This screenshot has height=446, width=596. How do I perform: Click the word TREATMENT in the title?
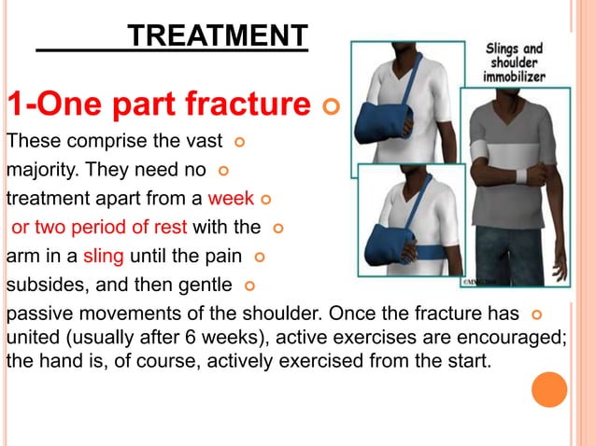[217, 36]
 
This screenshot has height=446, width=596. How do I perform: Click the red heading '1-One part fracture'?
[159, 105]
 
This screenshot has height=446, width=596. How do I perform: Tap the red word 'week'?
[231, 199]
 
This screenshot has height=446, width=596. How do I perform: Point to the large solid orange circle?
[549, 389]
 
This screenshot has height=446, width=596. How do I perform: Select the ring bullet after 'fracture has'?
[535, 311]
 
